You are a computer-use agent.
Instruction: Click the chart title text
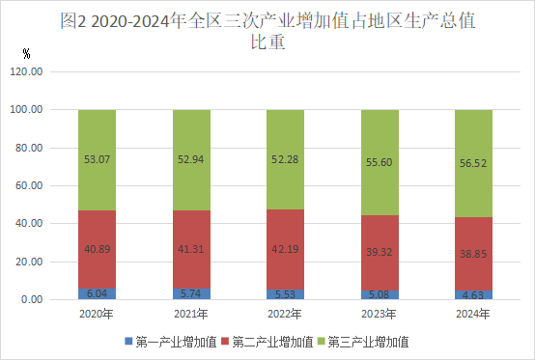(x=267, y=30)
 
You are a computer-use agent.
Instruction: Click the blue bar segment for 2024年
(x=473, y=294)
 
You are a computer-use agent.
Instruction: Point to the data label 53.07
(x=98, y=158)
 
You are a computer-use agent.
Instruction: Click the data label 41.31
(x=191, y=249)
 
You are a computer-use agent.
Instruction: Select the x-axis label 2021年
(x=191, y=315)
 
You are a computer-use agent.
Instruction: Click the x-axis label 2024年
(x=473, y=315)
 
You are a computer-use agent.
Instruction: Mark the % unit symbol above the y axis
(x=25, y=53)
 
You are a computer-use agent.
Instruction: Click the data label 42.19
(x=286, y=249)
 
